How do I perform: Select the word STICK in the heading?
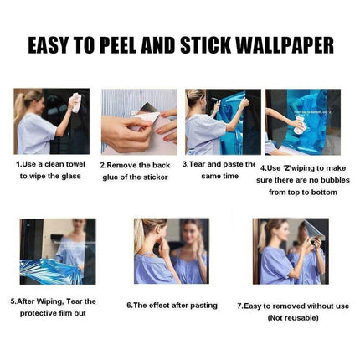click(212, 45)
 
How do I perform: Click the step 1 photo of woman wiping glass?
click(51, 121)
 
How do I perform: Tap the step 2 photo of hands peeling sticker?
click(139, 121)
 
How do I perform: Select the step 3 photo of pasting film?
click(222, 121)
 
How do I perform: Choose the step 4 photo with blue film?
click(302, 121)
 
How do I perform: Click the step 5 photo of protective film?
click(58, 251)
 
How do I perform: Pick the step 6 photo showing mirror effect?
click(170, 251)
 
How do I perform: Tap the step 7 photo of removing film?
click(291, 251)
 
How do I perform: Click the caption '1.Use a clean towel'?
click(51, 164)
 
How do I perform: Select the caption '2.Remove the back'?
click(135, 165)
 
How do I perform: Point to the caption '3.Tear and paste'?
click(219, 164)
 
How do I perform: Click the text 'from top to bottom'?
click(302, 192)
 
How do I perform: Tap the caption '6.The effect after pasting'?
click(172, 306)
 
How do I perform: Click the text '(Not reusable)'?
click(292, 317)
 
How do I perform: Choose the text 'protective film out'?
click(53, 312)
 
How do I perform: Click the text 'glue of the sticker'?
click(135, 177)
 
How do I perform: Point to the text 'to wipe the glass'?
click(51, 177)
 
